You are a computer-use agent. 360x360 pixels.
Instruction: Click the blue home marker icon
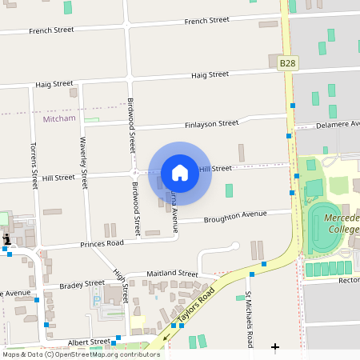click(180, 173)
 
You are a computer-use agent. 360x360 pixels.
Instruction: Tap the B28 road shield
click(287, 62)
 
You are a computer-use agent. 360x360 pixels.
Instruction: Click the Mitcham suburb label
click(58, 118)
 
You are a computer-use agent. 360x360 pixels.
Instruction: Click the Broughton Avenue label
click(234, 215)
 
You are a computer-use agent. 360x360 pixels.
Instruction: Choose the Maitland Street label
click(172, 274)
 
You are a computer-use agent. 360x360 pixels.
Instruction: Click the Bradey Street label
click(82, 283)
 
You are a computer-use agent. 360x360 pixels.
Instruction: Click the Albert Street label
click(89, 342)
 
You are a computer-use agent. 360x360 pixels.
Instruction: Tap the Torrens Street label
click(34, 166)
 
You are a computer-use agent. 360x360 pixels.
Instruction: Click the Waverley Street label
click(82, 160)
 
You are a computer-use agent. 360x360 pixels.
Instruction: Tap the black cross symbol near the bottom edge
click(275, 347)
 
